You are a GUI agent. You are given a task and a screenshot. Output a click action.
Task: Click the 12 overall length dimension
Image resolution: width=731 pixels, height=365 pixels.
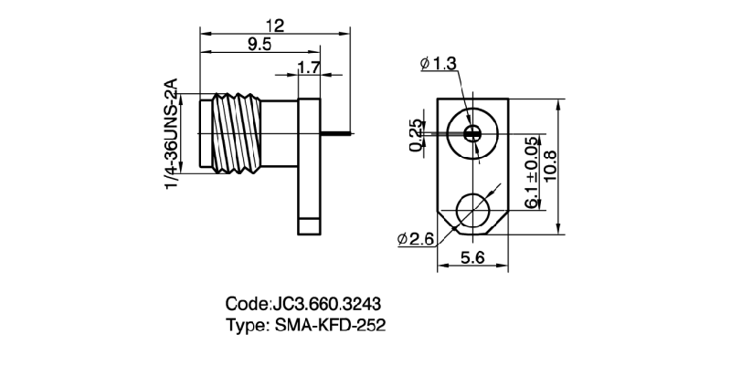[x=273, y=26]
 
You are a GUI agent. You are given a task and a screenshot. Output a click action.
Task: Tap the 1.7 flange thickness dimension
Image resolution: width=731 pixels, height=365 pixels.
[x=309, y=67]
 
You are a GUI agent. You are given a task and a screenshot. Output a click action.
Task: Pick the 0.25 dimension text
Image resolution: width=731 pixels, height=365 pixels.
[x=417, y=135]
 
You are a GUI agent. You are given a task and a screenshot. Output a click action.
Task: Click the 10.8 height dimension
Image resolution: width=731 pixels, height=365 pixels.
[x=549, y=166]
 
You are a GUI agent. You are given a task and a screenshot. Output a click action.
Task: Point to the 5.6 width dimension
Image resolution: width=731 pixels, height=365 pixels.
[x=472, y=258]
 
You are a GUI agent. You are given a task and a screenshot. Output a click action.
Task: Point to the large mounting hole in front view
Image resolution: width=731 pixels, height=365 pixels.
[x=472, y=211]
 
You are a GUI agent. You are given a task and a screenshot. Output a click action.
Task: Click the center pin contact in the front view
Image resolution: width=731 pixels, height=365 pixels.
[x=472, y=133]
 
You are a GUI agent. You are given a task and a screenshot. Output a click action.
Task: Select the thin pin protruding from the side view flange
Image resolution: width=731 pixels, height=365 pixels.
[x=336, y=133]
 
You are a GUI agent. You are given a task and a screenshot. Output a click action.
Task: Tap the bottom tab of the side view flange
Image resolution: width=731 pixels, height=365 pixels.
[x=308, y=221]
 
